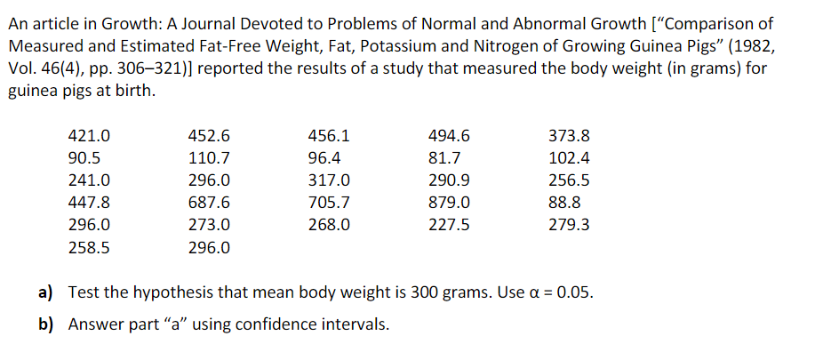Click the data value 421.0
coord(90,136)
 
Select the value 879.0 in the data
coord(448,203)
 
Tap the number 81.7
coord(444,158)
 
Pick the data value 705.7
coord(329,203)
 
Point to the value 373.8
coord(569,136)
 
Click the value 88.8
coord(564,203)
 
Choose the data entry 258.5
coord(90,248)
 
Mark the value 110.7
coord(210,158)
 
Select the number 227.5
coord(448,225)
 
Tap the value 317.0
coord(329,180)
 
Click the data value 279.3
coord(569,225)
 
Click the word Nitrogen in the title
coord(504,46)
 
